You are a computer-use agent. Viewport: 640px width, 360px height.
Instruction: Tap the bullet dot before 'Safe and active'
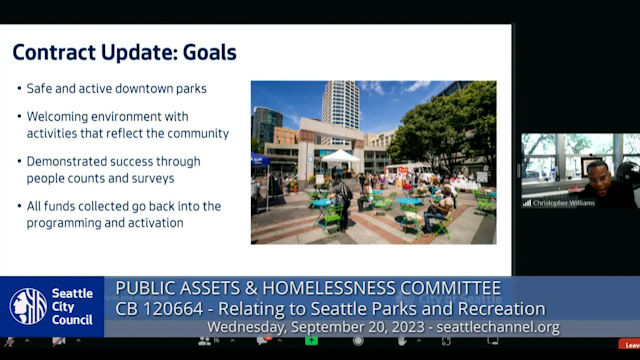point(20,89)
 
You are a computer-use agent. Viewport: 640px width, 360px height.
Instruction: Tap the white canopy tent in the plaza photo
point(340,157)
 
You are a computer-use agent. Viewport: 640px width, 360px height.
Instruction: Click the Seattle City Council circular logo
point(27,307)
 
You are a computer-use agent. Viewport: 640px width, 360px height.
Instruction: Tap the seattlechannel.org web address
point(498,328)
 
